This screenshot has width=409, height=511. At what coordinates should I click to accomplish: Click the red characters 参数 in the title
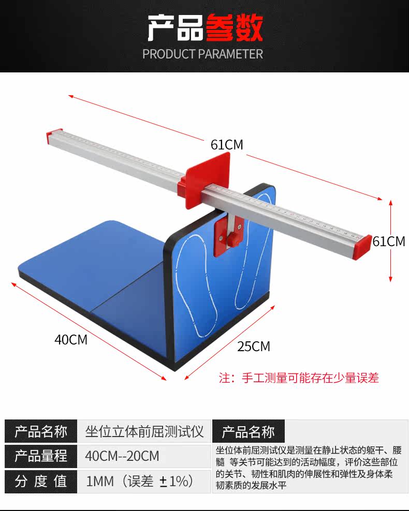point(234,28)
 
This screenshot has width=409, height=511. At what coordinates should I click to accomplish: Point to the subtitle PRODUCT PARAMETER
point(203,54)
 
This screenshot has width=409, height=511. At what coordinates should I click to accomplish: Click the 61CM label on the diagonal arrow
point(227,145)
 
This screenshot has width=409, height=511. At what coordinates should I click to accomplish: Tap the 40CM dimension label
point(71,340)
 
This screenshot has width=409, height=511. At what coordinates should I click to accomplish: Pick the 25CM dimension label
point(254,347)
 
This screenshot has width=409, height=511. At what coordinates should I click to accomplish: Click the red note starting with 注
point(299,378)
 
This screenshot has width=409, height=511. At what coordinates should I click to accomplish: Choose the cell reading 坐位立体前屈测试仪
point(144,431)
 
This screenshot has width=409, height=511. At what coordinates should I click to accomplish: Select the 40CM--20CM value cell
point(122,456)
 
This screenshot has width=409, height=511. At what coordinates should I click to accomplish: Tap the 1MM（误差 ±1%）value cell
point(140,482)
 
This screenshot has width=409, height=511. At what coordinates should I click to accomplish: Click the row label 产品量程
point(41,456)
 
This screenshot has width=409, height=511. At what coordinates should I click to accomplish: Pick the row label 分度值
point(41,482)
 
